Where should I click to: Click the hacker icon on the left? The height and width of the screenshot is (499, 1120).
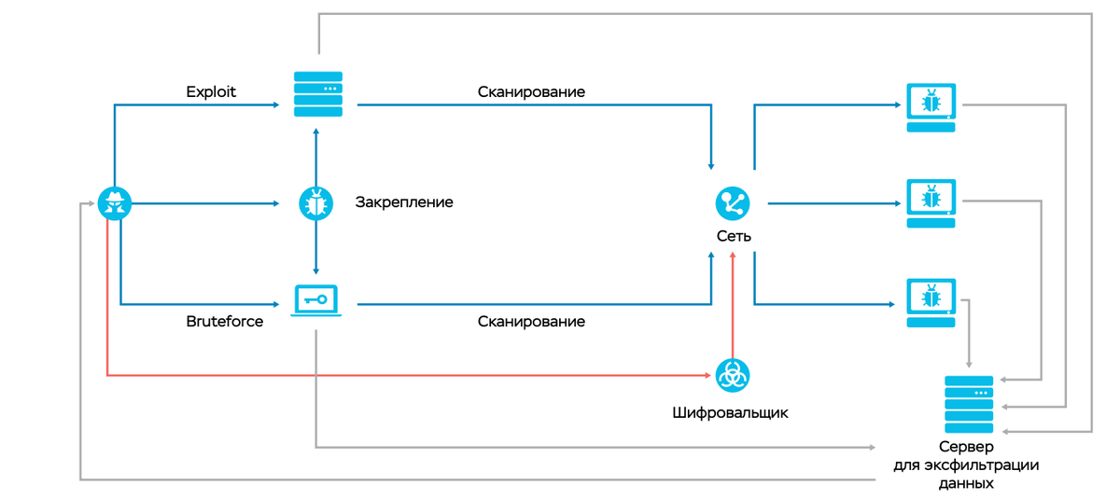click(x=115, y=202)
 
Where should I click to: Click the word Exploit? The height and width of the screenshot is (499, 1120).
click(x=211, y=91)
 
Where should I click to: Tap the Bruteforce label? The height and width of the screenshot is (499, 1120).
click(x=224, y=322)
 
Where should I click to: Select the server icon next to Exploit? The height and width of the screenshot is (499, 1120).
click(x=318, y=94)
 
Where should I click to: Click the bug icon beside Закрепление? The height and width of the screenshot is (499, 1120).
click(x=315, y=202)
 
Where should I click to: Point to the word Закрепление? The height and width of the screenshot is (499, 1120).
click(x=403, y=202)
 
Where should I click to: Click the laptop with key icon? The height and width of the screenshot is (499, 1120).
click(x=315, y=300)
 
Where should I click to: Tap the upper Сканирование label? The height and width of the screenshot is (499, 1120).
click(x=531, y=91)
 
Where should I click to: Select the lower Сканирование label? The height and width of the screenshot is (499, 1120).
click(x=531, y=322)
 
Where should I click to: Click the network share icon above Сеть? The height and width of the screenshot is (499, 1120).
click(x=733, y=202)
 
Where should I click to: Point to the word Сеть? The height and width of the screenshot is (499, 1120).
click(x=734, y=236)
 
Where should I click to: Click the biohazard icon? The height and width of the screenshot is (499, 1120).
click(x=733, y=375)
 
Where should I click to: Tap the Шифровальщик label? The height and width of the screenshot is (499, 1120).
click(x=730, y=412)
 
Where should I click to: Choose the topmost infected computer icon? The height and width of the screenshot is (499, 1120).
click(x=931, y=106)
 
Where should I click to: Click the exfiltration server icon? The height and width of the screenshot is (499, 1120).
click(x=969, y=404)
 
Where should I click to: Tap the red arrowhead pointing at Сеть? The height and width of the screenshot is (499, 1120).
click(x=734, y=256)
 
